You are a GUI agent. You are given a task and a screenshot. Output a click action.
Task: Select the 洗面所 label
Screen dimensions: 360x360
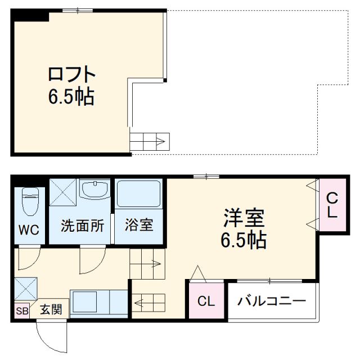(x=82, y=226)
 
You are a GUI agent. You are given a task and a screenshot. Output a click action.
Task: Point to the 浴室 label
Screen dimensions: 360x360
(x=138, y=226)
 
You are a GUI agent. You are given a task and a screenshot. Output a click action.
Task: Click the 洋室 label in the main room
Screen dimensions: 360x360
(x=244, y=217)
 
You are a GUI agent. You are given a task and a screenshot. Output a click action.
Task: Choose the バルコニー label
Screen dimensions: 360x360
(x=271, y=301)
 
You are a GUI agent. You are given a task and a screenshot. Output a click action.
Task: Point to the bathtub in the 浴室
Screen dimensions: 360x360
(x=139, y=195)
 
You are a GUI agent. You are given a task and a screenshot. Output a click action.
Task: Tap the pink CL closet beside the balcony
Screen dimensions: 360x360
(x=206, y=301)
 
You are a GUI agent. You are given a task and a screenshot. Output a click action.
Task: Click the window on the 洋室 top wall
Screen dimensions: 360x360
(x=206, y=177)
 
